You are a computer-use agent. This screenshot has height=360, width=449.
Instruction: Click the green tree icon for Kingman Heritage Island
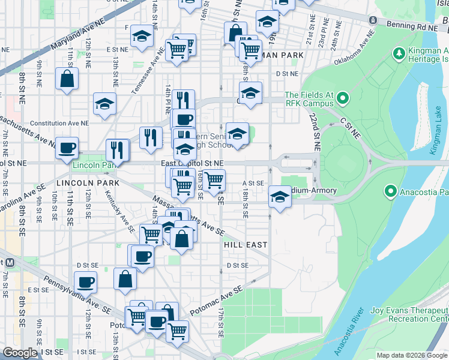point(399,55)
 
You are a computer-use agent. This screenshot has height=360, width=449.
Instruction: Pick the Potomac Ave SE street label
point(216,301)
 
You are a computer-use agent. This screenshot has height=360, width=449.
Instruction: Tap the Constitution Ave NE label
point(59,122)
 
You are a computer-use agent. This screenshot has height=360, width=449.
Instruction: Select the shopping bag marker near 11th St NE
point(67,79)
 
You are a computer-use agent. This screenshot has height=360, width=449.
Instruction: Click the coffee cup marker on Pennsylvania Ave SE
point(85,281)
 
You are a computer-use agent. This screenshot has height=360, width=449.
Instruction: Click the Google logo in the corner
point(20,353)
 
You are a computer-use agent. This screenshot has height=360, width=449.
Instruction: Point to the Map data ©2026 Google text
point(412,356)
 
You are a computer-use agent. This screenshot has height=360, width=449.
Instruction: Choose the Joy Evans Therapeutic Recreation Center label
point(409,314)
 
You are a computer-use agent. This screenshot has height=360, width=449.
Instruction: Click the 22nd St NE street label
point(315,133)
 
